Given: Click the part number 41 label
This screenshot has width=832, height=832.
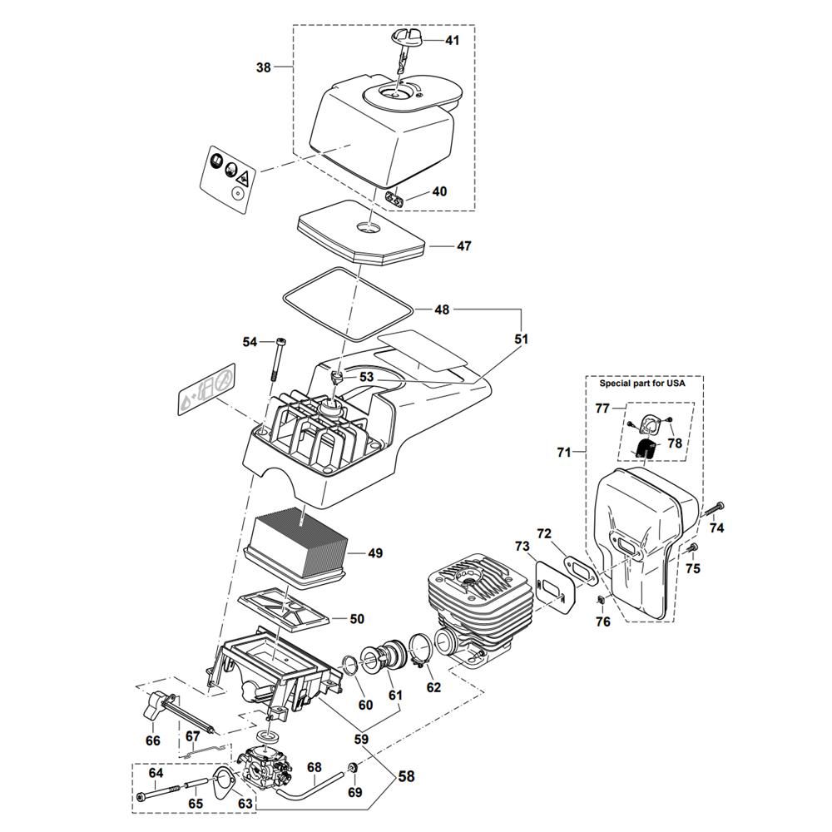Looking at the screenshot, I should click(452, 40).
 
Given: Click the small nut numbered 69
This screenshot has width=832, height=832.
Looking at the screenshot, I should click(353, 766).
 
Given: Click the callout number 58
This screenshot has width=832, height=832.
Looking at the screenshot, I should click(405, 777).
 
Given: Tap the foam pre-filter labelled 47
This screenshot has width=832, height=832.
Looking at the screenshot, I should click(362, 236).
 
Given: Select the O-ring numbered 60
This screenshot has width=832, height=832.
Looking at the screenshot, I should click(352, 666).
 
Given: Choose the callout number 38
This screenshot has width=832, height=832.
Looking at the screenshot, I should click(264, 68).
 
